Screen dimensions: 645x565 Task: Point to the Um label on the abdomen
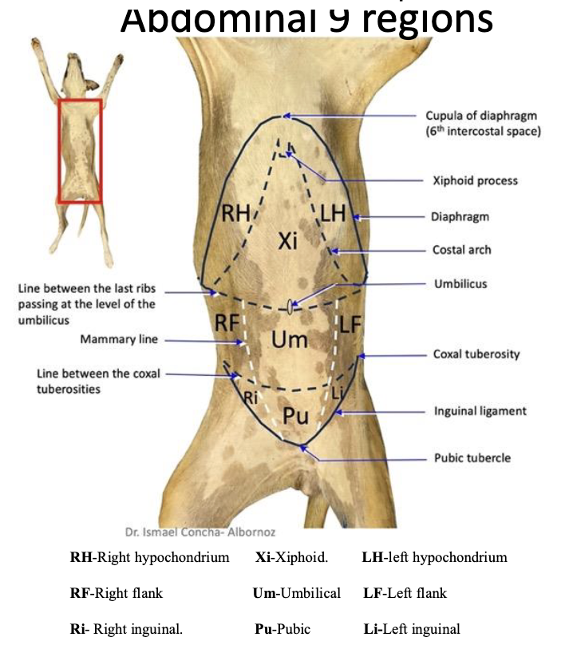click(289, 340)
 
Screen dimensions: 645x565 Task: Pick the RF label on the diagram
click(228, 322)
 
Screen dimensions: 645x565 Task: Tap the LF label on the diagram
click(351, 324)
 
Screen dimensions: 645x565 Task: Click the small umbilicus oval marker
click(289, 305)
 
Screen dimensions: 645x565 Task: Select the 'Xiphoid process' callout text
click(474, 180)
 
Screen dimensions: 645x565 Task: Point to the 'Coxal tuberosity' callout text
click(476, 354)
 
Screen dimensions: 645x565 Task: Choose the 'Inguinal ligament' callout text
click(480, 411)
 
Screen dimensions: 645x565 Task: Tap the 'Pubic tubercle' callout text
click(472, 458)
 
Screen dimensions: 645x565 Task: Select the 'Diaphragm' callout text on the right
click(460, 216)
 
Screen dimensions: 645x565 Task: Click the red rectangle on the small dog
click(79, 101)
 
